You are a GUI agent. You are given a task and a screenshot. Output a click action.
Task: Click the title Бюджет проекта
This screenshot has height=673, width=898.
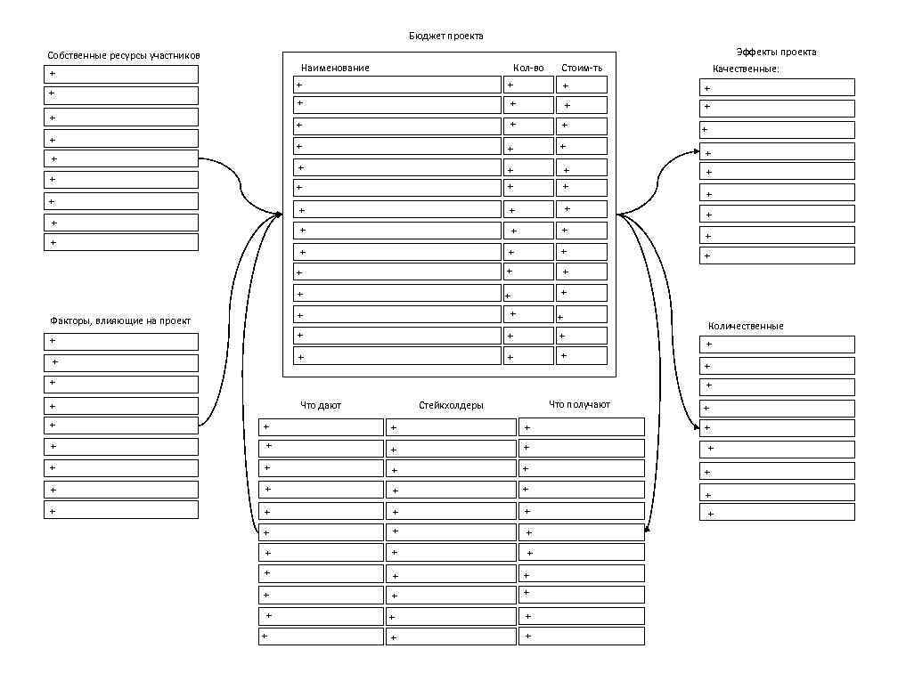pos(446,36)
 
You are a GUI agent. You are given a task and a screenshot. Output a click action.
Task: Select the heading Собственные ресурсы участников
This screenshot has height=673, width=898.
pos(124,55)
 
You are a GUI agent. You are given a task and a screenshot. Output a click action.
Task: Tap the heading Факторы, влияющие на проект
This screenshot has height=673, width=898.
pos(120,320)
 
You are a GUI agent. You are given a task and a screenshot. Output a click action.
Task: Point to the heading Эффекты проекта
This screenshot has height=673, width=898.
pos(776,52)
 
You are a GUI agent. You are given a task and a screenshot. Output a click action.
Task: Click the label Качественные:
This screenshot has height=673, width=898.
pos(746,69)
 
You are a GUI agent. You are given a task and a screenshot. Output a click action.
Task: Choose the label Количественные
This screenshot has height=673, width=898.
pos(746,326)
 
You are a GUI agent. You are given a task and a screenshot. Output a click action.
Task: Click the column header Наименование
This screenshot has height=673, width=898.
pos(335,68)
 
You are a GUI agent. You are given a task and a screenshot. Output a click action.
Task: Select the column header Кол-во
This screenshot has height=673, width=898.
pos(528,68)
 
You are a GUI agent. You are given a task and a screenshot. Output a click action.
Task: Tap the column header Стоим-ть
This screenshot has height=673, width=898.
pos(582,68)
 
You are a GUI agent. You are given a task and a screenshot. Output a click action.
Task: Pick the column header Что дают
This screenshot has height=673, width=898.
pos(321,405)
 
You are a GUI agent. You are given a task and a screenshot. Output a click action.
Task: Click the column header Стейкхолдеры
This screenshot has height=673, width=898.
pos(451,405)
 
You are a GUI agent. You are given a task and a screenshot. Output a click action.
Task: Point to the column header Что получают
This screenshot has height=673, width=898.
pos(579,405)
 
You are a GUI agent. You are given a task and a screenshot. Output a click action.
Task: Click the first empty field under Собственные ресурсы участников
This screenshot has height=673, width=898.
pos(121,74)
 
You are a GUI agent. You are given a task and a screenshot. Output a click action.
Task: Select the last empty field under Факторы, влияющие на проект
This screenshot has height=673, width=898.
pos(121,510)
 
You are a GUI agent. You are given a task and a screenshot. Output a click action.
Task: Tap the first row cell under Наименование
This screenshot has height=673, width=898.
pos(397,85)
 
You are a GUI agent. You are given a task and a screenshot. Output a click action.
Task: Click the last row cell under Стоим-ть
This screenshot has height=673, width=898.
pos(582,356)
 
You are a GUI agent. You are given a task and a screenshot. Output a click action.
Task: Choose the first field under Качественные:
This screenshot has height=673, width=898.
pos(777,87)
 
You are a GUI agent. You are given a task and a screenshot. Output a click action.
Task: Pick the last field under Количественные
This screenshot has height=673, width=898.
pos(777,513)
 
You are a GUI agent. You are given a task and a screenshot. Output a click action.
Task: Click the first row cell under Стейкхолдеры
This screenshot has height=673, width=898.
pos(451,427)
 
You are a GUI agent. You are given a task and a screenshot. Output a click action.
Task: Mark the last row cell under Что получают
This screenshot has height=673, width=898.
pos(582,637)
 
